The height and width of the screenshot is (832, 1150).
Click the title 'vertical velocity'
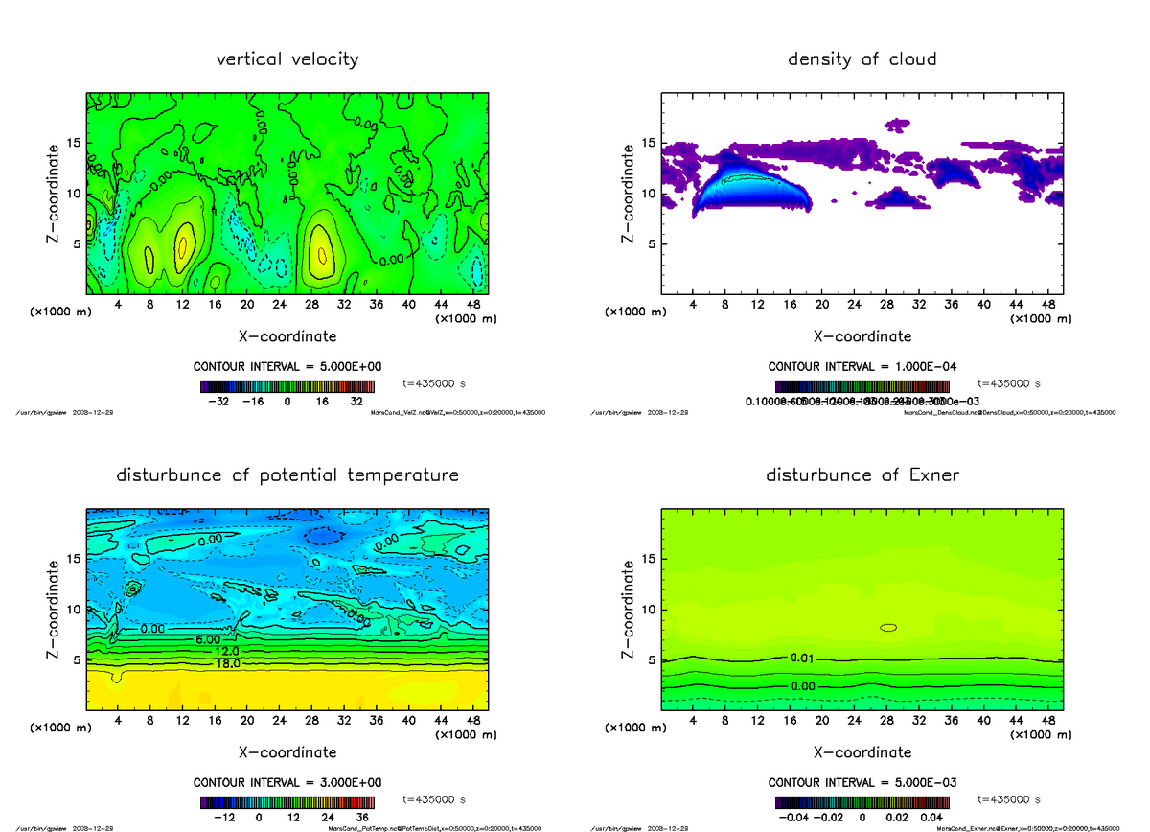[287, 59]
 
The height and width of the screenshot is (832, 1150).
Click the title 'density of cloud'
[862, 59]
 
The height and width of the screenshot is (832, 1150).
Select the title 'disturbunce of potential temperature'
[287, 475]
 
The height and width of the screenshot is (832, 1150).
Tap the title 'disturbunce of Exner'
[862, 475]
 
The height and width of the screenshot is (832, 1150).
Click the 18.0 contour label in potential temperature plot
[227, 663]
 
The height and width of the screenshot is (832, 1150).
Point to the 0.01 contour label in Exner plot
[802, 659]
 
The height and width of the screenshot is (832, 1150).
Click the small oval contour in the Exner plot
[888, 628]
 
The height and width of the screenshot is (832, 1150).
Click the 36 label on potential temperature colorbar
[365, 818]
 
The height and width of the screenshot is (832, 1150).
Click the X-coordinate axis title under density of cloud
[862, 336]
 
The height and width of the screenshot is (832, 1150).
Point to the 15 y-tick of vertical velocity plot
[75, 144]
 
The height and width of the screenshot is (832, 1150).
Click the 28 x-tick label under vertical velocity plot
[311, 306]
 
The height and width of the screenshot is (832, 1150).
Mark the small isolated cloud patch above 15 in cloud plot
[897, 124]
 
